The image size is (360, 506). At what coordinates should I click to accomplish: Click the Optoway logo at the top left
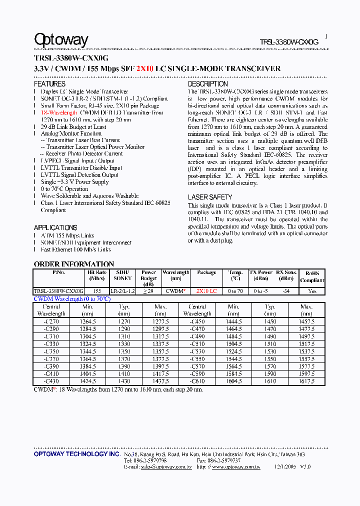[x=61, y=40]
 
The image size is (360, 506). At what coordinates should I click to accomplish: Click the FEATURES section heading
[x=49, y=84]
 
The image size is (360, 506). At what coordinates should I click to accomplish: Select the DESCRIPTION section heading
[x=207, y=84]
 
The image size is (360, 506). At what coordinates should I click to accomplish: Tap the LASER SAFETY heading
[x=210, y=197]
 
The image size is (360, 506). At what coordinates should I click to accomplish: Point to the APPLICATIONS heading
[x=55, y=227]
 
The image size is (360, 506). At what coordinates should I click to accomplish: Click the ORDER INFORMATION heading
[x=74, y=264]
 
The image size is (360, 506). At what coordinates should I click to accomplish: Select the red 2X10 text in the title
[x=145, y=69]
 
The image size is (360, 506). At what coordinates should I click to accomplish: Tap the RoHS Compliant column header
[x=312, y=276]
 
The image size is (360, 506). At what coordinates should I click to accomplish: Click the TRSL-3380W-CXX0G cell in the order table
[x=58, y=291]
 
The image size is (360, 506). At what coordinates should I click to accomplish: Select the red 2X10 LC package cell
[x=206, y=291]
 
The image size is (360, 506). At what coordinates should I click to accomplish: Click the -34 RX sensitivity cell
[x=285, y=291]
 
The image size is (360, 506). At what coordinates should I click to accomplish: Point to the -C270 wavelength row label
[x=51, y=322]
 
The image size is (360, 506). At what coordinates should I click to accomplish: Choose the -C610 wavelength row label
[x=197, y=381]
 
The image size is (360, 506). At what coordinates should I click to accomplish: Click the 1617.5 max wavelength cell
[x=306, y=381]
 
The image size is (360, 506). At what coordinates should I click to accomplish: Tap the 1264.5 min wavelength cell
[x=88, y=322]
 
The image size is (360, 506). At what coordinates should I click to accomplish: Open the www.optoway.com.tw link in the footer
[x=236, y=467]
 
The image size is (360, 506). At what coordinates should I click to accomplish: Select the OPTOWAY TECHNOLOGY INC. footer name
[x=76, y=454]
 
